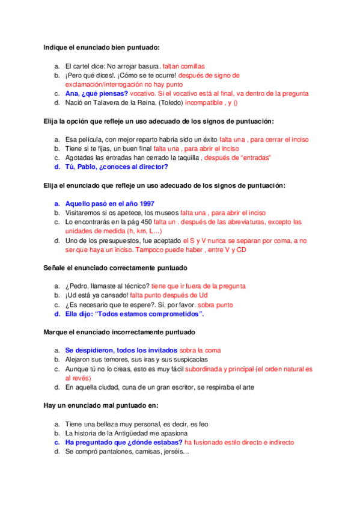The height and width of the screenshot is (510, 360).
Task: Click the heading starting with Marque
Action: tap(119, 331)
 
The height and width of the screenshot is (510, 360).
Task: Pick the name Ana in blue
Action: tap(72, 93)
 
